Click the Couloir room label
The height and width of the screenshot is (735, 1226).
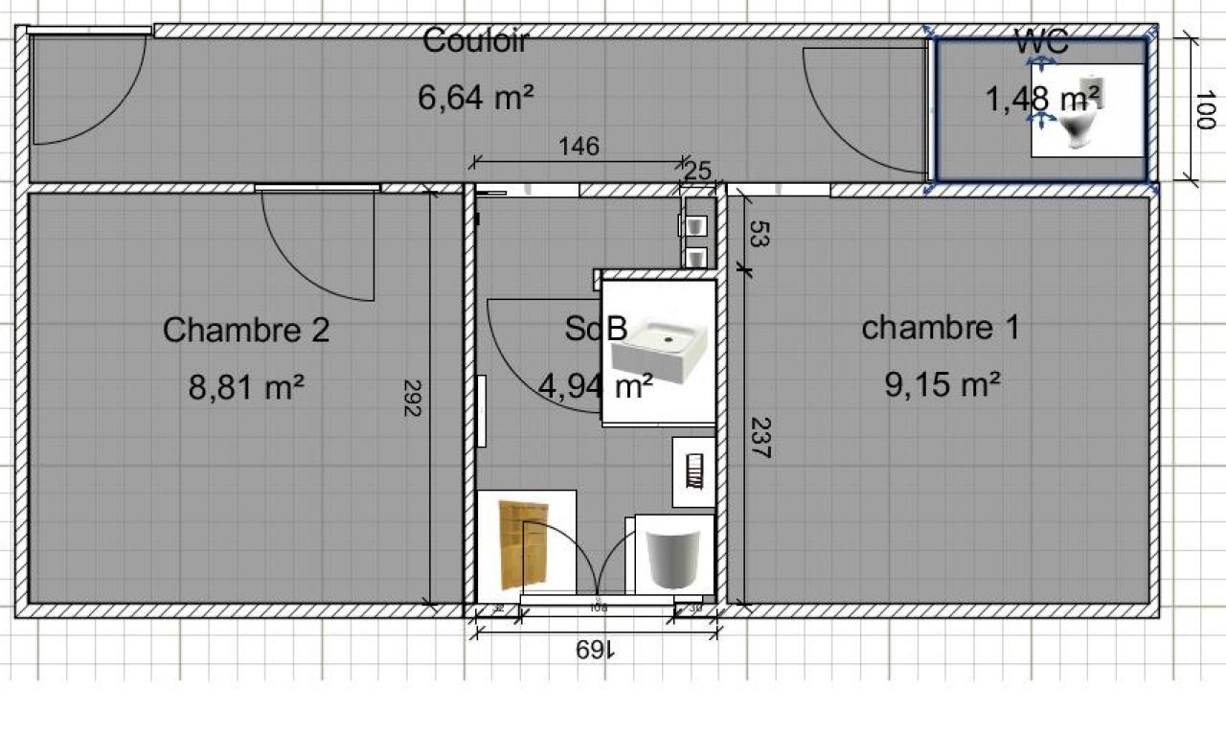tap(475, 41)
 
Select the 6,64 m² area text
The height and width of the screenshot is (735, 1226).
tap(475, 97)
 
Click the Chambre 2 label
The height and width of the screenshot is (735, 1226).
tap(246, 330)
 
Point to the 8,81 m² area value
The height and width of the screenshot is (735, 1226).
tap(246, 387)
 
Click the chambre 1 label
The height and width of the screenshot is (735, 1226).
tap(941, 328)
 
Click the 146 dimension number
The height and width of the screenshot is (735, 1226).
tap(579, 147)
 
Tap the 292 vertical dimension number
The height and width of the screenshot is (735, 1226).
tap(412, 397)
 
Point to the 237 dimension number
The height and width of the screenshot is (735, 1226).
tap(760, 437)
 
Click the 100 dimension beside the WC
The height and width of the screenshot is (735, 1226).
tap(1206, 108)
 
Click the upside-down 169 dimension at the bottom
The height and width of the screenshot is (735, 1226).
tap(596, 650)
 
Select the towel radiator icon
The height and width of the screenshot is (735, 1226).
tap(694, 471)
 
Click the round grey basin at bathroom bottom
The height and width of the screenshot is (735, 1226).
tap(676, 556)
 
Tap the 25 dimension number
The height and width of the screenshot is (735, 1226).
tap(698, 172)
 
